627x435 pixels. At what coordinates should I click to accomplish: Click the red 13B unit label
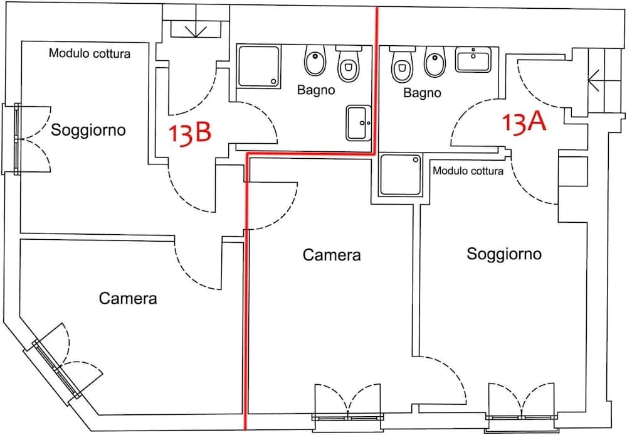(189, 134)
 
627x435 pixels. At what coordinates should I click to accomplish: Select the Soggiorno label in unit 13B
(88, 131)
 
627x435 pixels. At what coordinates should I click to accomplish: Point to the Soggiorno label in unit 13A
(504, 254)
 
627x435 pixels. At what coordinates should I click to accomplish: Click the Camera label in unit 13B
(128, 298)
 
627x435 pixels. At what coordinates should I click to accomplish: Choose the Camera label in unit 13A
(332, 255)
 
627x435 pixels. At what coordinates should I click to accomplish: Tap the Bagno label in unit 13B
(316, 90)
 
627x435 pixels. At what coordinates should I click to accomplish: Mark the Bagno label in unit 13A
(422, 93)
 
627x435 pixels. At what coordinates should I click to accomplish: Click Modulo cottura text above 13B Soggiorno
(90, 54)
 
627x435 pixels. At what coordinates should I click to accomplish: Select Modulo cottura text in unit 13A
(468, 171)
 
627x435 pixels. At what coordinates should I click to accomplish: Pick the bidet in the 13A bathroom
(434, 62)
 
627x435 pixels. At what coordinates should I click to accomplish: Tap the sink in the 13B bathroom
(359, 123)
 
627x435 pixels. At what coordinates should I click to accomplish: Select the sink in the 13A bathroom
(473, 60)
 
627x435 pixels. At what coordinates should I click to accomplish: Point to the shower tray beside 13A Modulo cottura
(402, 176)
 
